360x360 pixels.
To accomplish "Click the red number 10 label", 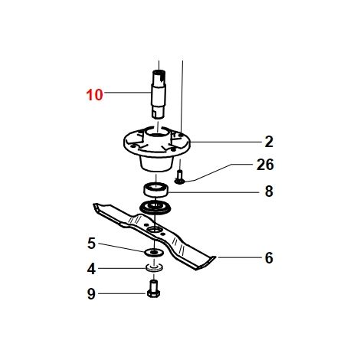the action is (x=94, y=95).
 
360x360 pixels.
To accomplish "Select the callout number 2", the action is (x=269, y=142).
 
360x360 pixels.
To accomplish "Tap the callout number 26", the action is (x=265, y=165).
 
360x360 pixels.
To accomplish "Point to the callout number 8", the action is (x=269, y=191).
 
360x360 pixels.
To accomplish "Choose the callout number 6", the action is (x=269, y=258).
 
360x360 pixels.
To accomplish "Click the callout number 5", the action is (x=91, y=244).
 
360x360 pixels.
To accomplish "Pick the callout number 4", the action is (x=91, y=269).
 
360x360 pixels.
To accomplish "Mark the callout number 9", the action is (x=91, y=294).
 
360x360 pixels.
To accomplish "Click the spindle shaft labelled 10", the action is (x=159, y=94).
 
